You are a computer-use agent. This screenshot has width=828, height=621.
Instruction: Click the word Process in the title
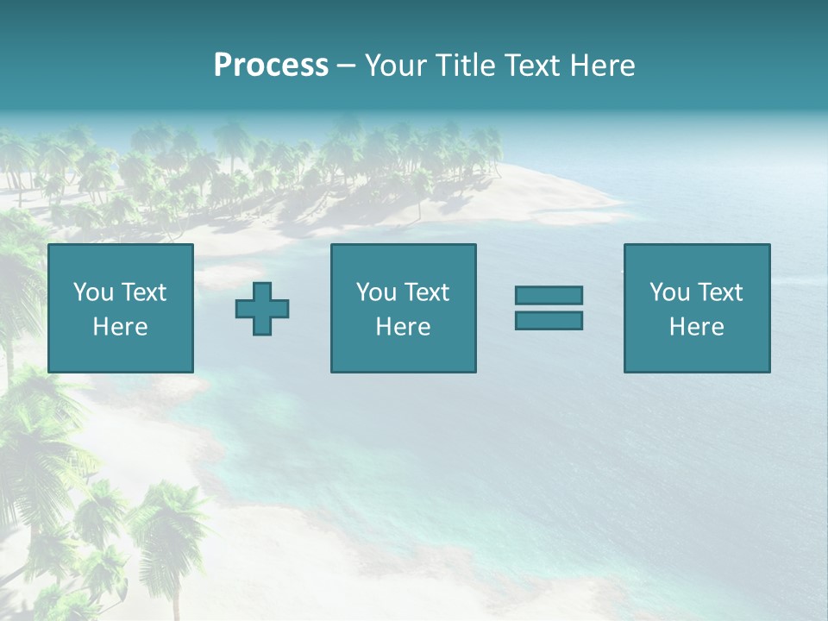[271, 66]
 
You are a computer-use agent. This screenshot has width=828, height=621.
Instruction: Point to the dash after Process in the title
[347, 66]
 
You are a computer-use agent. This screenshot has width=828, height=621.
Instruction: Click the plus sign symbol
[262, 309]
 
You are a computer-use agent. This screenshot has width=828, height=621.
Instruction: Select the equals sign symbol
[549, 308]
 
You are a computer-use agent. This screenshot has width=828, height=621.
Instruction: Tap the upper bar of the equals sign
[549, 296]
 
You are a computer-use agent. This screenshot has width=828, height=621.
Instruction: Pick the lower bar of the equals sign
[549, 320]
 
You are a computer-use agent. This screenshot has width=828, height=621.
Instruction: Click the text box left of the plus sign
[120, 308]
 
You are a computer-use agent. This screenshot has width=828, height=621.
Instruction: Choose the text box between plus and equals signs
[403, 308]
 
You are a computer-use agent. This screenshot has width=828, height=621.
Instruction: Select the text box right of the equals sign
[696, 308]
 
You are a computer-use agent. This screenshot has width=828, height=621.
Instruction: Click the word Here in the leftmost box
[120, 327]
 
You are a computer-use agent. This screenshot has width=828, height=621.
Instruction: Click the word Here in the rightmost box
[696, 327]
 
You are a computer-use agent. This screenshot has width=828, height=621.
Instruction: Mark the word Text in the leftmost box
[144, 292]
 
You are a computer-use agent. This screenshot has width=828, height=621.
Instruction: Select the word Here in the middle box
[403, 327]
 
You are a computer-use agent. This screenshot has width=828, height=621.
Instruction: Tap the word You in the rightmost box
[669, 292]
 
